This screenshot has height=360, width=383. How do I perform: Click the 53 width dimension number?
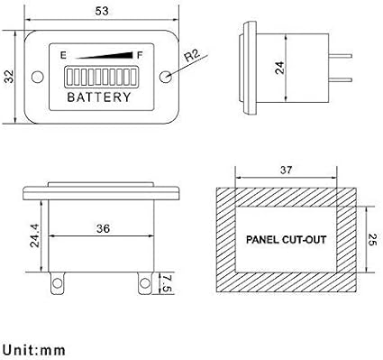coord(102,11)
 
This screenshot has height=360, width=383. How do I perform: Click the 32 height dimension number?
coord(9,77)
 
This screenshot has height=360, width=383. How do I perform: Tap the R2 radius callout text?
coord(192,56)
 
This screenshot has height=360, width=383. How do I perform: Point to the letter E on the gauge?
coord(63,56)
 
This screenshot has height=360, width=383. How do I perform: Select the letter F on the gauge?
coord(140,55)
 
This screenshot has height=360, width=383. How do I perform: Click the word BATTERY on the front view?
coord(99,97)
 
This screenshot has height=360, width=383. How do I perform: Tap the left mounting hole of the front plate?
coord(38,77)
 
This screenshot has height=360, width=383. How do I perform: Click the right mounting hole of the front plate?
coord(166,77)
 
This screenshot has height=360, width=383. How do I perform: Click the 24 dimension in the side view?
coord(279,68)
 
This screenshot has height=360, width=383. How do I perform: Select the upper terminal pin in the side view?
coord(340,56)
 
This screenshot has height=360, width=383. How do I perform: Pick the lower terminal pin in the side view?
coord(340,79)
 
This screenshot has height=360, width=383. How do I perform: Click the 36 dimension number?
coord(103,229)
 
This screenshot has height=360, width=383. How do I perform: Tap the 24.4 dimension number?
coord(34,235)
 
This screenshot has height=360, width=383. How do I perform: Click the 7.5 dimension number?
coord(167,283)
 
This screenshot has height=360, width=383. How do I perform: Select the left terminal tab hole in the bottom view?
coord(57,283)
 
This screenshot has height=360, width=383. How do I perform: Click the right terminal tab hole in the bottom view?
coord(145,283)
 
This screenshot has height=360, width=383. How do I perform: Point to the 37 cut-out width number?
coord(286,170)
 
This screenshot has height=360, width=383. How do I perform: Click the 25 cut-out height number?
coord(372,239)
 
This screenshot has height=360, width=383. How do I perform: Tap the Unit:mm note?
coord(33,350)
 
